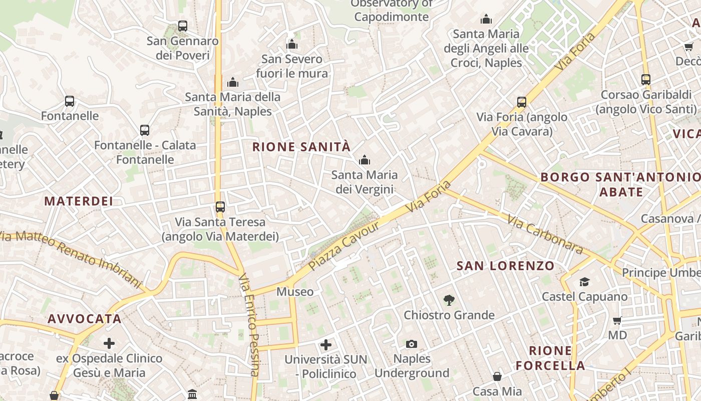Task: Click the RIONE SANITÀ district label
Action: coord(301,147)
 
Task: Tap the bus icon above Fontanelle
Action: coord(70,101)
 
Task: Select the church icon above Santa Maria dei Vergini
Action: coord(365,160)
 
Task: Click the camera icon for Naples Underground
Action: coord(412,344)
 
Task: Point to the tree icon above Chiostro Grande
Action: coord(449,300)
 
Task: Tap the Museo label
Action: coord(295,292)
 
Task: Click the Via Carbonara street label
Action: coord(545,235)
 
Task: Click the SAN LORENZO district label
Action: coord(505,266)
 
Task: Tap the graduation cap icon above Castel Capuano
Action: coord(584,282)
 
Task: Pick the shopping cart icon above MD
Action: coord(617,320)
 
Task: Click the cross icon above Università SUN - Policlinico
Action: coord(326,345)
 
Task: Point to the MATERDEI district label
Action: coord(79,201)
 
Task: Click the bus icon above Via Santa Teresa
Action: coord(220,207)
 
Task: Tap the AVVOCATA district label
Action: coord(85,319)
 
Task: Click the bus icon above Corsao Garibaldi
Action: coord(646,79)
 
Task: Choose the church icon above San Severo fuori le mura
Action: coord(292,44)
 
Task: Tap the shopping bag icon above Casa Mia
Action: coord(497,376)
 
